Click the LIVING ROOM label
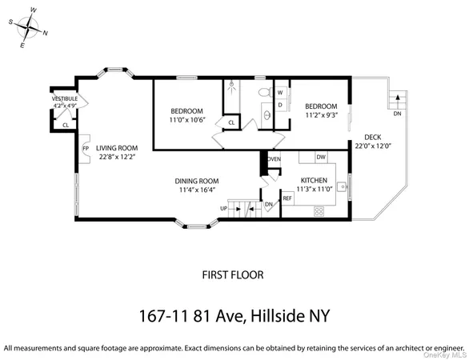117,148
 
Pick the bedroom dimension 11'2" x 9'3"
320,115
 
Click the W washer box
281,91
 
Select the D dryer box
281,104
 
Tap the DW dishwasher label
320,157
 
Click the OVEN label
274,159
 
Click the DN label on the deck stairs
397,114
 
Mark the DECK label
372,137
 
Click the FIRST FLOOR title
234,274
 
